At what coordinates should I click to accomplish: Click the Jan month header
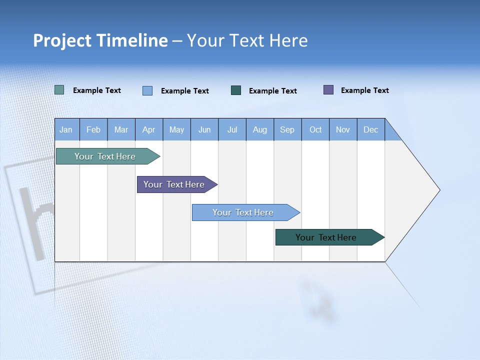(x=66, y=129)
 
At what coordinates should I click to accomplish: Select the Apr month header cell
(x=148, y=129)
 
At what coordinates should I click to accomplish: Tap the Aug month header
(x=259, y=129)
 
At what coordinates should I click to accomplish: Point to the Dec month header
(x=370, y=129)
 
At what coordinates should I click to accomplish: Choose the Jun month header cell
(x=204, y=129)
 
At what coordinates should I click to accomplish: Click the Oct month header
(x=315, y=129)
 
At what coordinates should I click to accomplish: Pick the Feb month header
(x=93, y=129)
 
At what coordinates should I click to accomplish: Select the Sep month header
(x=287, y=129)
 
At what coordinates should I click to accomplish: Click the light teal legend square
(x=59, y=90)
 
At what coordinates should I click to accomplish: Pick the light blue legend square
(x=147, y=90)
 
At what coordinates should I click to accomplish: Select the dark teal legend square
(x=236, y=90)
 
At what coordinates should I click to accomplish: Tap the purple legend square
(x=328, y=90)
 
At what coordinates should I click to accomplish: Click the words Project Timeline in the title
(x=100, y=40)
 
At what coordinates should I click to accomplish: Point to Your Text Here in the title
(x=247, y=40)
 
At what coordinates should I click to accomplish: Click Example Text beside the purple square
(x=364, y=90)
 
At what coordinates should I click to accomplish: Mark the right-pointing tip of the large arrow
(x=438, y=189)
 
